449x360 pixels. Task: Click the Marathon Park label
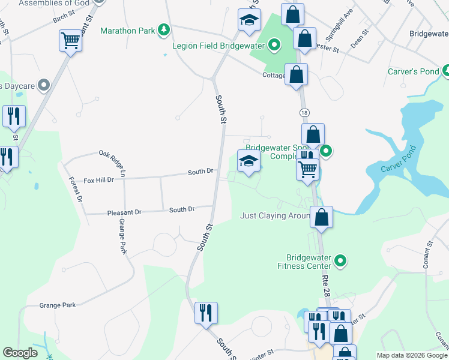(x=127, y=31)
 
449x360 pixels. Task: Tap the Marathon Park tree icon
(x=163, y=30)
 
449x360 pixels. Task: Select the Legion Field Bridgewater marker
(x=274, y=44)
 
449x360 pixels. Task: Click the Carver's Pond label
(x=414, y=71)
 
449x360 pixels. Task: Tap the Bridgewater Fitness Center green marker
(x=341, y=260)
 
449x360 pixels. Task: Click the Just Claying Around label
(x=274, y=215)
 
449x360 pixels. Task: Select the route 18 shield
(x=304, y=113)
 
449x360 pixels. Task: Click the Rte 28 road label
(x=327, y=282)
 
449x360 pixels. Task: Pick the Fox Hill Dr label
(x=98, y=179)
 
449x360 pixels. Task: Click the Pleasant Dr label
(x=124, y=212)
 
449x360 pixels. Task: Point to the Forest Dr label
(x=75, y=188)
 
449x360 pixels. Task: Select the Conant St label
(x=428, y=255)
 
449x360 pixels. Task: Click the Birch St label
(x=64, y=20)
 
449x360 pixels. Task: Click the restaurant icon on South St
(x=206, y=313)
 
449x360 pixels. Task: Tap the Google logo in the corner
(x=20, y=353)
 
